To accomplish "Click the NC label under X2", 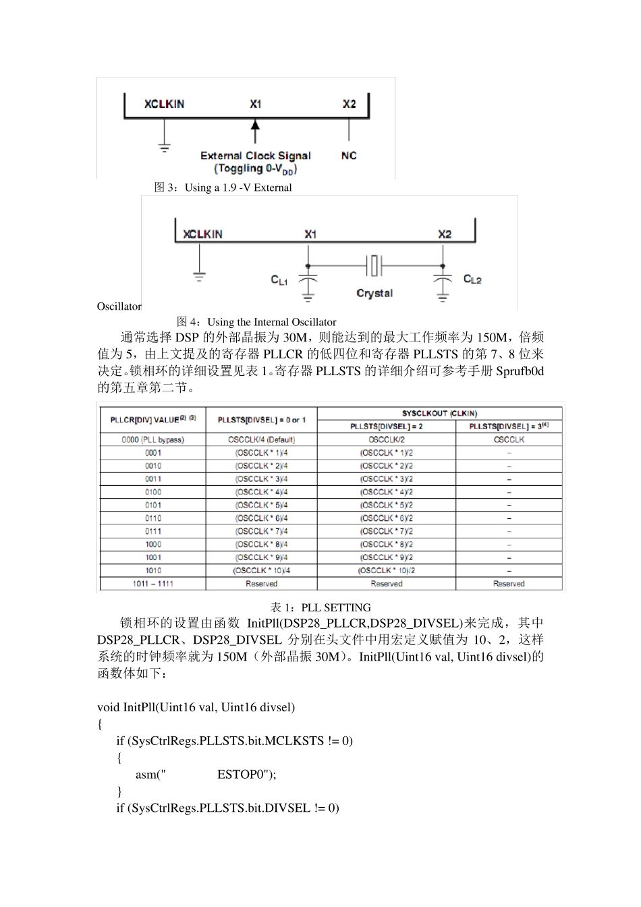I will [349, 156].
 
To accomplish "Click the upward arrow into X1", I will [255, 131].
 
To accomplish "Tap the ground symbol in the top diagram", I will [164, 146].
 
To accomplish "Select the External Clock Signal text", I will [255, 156].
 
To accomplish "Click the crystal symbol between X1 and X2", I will [374, 265].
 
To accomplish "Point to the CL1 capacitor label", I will [279, 280].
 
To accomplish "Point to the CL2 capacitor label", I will [472, 279].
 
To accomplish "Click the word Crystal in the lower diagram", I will [374, 294].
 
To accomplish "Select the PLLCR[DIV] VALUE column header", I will [153, 420].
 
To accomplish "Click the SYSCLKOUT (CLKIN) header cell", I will [439, 413].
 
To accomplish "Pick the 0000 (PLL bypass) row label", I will [153, 439].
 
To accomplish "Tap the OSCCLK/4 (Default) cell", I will [261, 439].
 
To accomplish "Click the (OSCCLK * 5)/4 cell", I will [261, 505].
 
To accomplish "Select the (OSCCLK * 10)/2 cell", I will [386, 571].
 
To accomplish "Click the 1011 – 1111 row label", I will [153, 584].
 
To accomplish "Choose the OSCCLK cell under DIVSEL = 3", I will [509, 439].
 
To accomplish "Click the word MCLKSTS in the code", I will [294, 741].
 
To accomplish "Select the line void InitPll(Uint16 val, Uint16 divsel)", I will [196, 707].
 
